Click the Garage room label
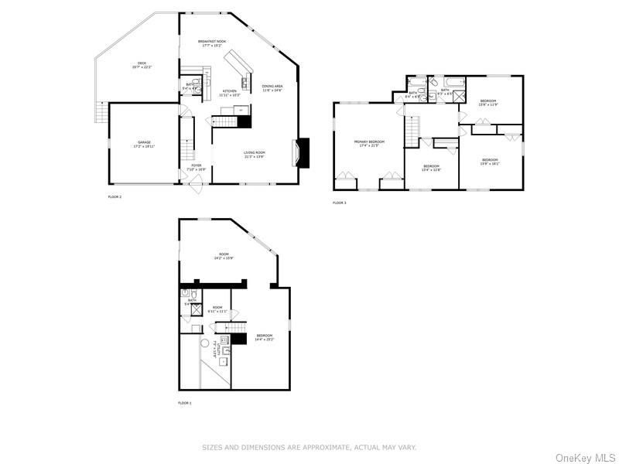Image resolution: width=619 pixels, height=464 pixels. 144,144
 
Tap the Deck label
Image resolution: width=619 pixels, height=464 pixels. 142,66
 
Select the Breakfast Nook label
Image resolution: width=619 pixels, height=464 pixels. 211,43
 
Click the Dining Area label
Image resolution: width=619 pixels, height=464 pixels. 272,88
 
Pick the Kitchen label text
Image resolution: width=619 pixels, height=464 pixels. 230,93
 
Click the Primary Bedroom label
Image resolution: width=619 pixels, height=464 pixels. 369,144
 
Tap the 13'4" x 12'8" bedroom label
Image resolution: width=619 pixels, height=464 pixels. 431,168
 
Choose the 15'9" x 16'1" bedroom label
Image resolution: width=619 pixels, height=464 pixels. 490,162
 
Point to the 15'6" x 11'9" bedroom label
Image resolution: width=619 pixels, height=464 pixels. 487,103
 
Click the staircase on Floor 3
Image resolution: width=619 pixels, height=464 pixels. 413,126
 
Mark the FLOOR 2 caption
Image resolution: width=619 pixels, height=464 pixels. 115,197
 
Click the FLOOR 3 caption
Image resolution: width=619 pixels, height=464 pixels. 340,203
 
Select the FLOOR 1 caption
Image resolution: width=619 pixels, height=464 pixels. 185,403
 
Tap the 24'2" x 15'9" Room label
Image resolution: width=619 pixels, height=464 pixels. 224,256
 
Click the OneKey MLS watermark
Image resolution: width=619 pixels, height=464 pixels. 585,456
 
